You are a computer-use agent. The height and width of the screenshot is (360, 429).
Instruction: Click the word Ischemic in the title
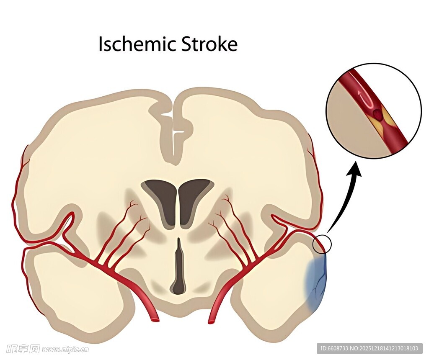[137, 44]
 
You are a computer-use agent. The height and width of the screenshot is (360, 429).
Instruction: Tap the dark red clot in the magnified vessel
[378, 113]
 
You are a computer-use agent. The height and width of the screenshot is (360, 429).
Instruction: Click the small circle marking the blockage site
[322, 244]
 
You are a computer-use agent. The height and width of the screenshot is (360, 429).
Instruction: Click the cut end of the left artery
[155, 320]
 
